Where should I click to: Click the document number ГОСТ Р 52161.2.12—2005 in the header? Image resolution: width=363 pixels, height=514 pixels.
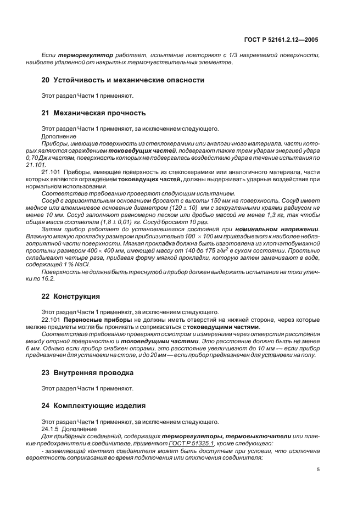280,40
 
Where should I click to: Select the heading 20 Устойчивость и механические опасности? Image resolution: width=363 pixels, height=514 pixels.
123,80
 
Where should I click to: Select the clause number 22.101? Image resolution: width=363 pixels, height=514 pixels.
51,319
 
